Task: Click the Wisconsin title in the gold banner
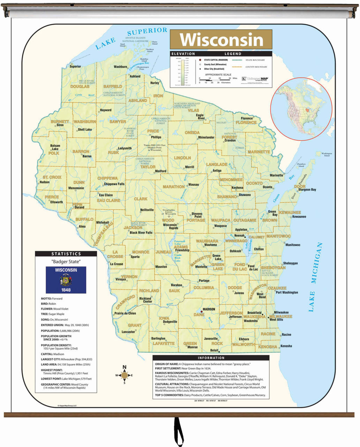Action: [221, 39]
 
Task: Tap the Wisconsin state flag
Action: [66, 280]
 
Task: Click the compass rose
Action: [124, 375]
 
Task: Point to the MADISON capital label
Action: [209, 309]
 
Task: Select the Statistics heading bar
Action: [66, 254]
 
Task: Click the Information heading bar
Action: [211, 358]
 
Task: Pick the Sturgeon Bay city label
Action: [307, 190]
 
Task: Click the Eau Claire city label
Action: [106, 195]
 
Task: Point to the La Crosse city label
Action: [117, 264]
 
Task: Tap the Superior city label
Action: [75, 66]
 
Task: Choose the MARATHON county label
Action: [174, 187]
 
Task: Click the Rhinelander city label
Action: [206, 137]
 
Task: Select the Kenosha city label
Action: [286, 346]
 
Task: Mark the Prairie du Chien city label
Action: [125, 313]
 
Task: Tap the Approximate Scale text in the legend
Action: [218, 75]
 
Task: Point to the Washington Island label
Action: [327, 154]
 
